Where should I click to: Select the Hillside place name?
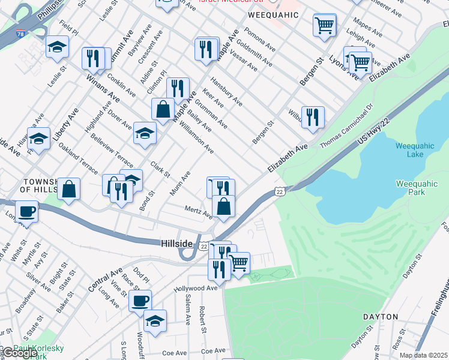pos(177,243)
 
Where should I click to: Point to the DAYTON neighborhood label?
pos(380,316)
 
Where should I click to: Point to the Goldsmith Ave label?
pos(255,53)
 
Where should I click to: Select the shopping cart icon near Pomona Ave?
pos(324,25)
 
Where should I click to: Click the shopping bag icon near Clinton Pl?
pos(163,109)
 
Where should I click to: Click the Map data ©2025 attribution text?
pos(423,355)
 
